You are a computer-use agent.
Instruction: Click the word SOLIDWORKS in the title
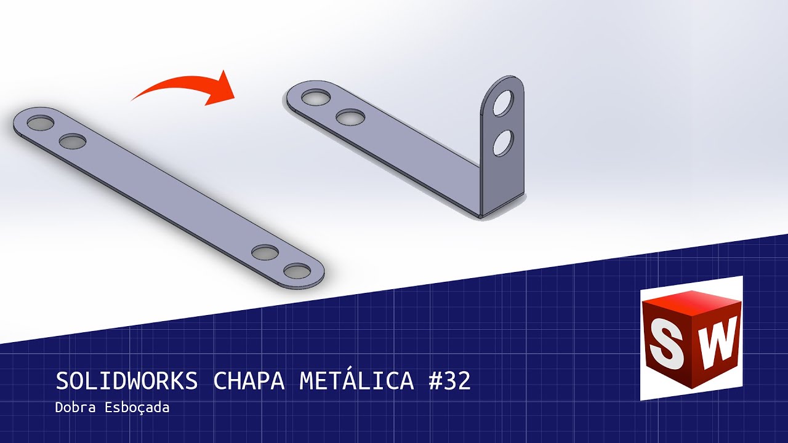tap(126, 381)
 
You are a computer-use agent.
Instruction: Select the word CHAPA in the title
tap(249, 381)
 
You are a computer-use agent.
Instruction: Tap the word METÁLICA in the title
tap(356, 381)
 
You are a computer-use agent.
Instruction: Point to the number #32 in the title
tap(449, 381)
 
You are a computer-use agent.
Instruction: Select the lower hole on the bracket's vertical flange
tap(503, 143)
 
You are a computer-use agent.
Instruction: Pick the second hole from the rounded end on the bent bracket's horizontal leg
tap(350, 116)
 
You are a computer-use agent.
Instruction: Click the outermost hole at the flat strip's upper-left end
tap(41, 122)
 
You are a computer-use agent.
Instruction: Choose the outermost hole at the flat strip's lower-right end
tap(298, 271)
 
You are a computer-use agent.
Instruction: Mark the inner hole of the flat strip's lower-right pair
tap(265, 252)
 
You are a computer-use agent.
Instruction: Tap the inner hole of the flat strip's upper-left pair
tap(73, 141)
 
